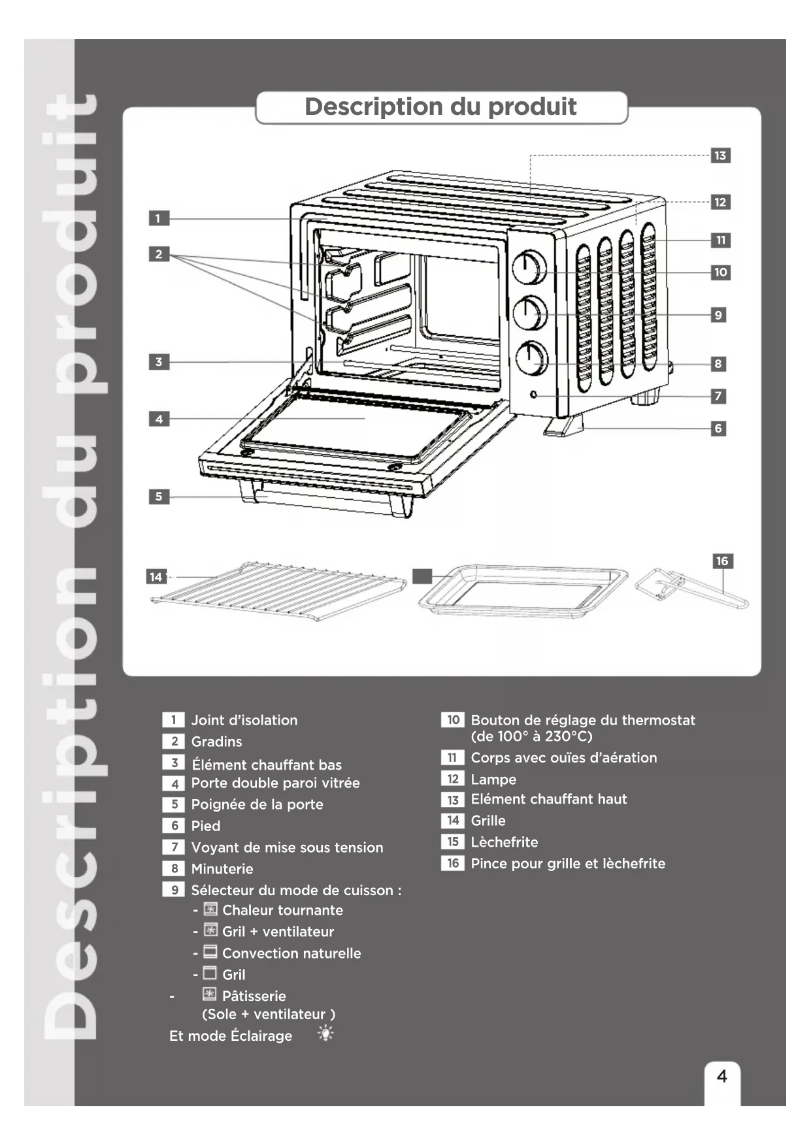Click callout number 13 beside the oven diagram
(x=720, y=156)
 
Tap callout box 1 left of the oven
(x=158, y=218)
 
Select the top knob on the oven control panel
(x=529, y=268)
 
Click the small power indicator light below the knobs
(x=535, y=395)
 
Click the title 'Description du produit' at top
(x=440, y=106)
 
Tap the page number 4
(x=721, y=1076)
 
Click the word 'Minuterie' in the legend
(x=222, y=869)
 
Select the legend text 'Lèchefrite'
(x=504, y=842)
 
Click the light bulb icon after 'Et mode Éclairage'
(x=325, y=1033)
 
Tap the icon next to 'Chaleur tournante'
(x=210, y=909)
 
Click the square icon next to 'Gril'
(x=210, y=974)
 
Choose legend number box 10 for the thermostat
(x=452, y=720)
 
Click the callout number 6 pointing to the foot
(x=718, y=429)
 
